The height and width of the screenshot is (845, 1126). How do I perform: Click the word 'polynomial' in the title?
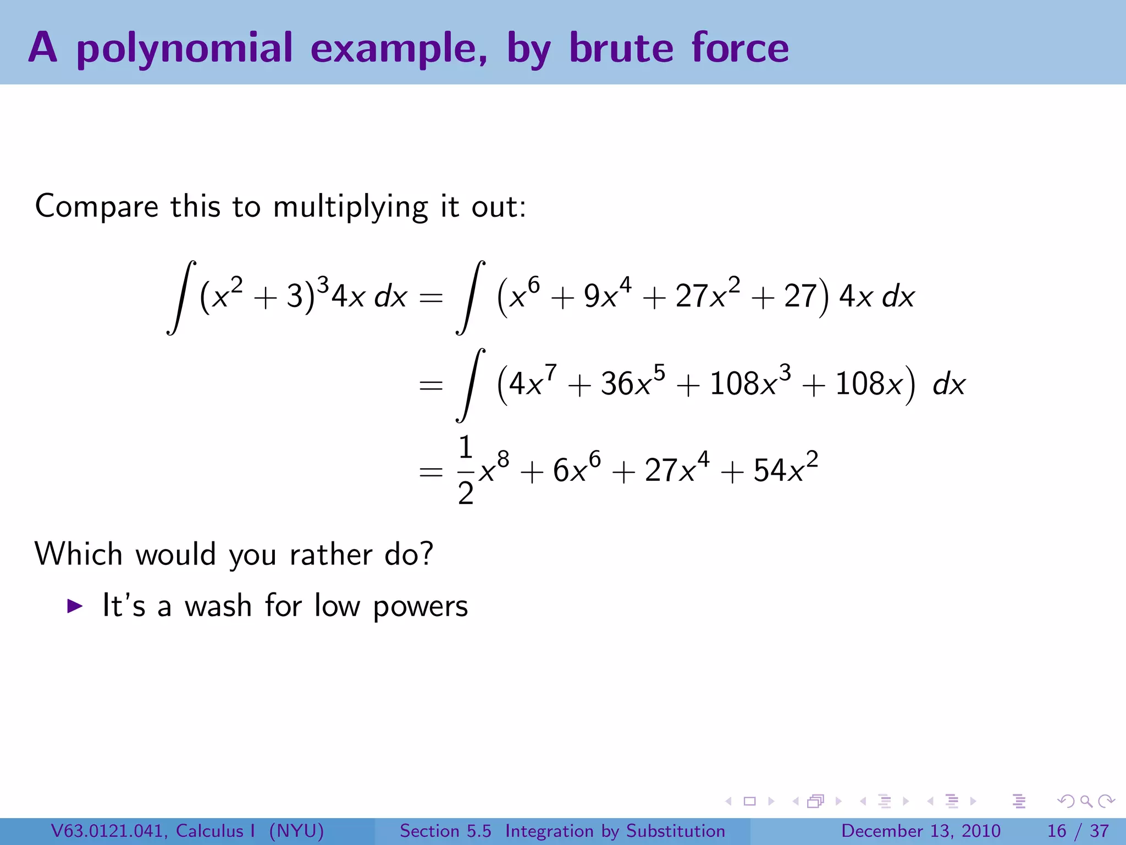click(184, 48)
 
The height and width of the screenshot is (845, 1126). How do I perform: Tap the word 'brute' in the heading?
click(621, 48)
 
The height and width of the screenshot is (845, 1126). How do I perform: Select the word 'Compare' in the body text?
click(97, 207)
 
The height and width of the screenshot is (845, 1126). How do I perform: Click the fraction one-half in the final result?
click(466, 470)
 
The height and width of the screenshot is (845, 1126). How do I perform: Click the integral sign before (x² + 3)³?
click(181, 297)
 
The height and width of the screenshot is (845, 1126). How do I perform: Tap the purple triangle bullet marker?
click(75, 606)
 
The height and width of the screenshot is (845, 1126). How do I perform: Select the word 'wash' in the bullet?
click(218, 606)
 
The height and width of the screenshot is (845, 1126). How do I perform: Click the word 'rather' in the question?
click(330, 554)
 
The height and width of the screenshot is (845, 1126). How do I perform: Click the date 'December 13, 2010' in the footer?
click(920, 831)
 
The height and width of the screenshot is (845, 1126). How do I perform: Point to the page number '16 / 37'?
click(1078, 831)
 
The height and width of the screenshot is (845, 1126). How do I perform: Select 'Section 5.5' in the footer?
click(445, 831)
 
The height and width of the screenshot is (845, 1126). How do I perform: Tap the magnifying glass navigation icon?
click(1086, 801)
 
